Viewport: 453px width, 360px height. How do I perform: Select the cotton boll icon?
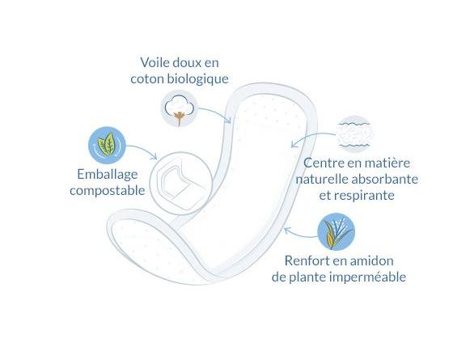(179, 108)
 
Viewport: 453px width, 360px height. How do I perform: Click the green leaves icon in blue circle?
(107, 145)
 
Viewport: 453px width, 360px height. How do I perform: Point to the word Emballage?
(107, 175)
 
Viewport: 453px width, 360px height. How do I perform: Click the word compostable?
(107, 191)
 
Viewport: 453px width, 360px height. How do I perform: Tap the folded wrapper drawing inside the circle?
(181, 183)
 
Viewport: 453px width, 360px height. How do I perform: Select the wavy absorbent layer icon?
(354, 134)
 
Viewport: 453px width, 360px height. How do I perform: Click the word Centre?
(324, 163)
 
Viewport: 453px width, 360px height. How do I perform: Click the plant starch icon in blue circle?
(336, 231)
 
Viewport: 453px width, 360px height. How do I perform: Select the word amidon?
(374, 260)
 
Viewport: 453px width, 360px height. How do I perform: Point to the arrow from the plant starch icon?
(299, 235)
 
